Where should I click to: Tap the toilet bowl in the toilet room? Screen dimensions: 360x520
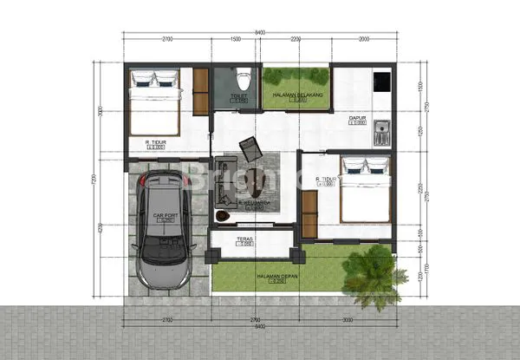point(244,75)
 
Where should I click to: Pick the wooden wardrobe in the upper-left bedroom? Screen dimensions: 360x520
point(200,91)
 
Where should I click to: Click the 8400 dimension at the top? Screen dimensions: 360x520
point(260,33)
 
